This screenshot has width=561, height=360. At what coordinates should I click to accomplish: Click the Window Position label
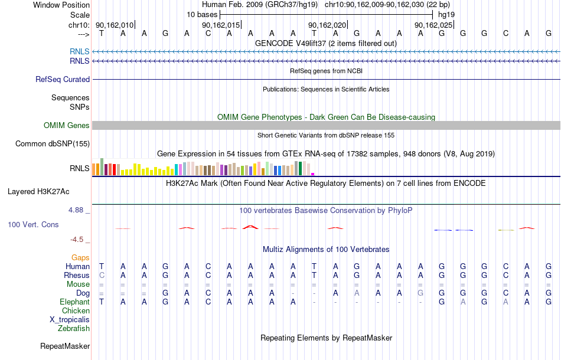(x=61, y=5)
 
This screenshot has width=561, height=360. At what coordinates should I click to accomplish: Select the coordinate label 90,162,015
(x=221, y=25)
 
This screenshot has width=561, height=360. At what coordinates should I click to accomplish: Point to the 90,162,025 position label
(x=433, y=25)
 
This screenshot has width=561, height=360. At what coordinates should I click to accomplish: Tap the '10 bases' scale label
(x=202, y=15)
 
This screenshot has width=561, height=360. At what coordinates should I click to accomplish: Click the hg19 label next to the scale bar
(x=446, y=15)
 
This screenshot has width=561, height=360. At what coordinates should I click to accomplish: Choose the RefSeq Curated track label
(x=63, y=79)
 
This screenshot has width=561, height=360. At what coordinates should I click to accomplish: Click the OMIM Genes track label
(x=67, y=126)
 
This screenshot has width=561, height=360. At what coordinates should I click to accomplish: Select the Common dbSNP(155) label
(x=53, y=144)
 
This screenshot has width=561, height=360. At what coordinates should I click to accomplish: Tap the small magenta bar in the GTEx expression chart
(x=313, y=174)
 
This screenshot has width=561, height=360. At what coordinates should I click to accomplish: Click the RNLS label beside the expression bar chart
(x=80, y=168)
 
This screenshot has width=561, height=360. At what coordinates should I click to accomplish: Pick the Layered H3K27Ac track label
(x=38, y=192)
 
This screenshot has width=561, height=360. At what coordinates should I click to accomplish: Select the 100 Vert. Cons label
(x=33, y=224)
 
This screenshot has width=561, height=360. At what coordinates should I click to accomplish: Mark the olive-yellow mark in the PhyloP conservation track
(x=506, y=230)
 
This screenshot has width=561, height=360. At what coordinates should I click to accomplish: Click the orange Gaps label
(x=80, y=258)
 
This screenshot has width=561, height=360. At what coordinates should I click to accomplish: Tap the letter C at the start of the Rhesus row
(x=102, y=275)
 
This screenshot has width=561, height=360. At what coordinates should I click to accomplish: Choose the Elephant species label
(x=75, y=302)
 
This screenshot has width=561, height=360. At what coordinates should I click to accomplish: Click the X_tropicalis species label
(x=70, y=320)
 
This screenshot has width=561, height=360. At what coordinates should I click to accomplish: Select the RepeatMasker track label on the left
(x=65, y=346)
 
